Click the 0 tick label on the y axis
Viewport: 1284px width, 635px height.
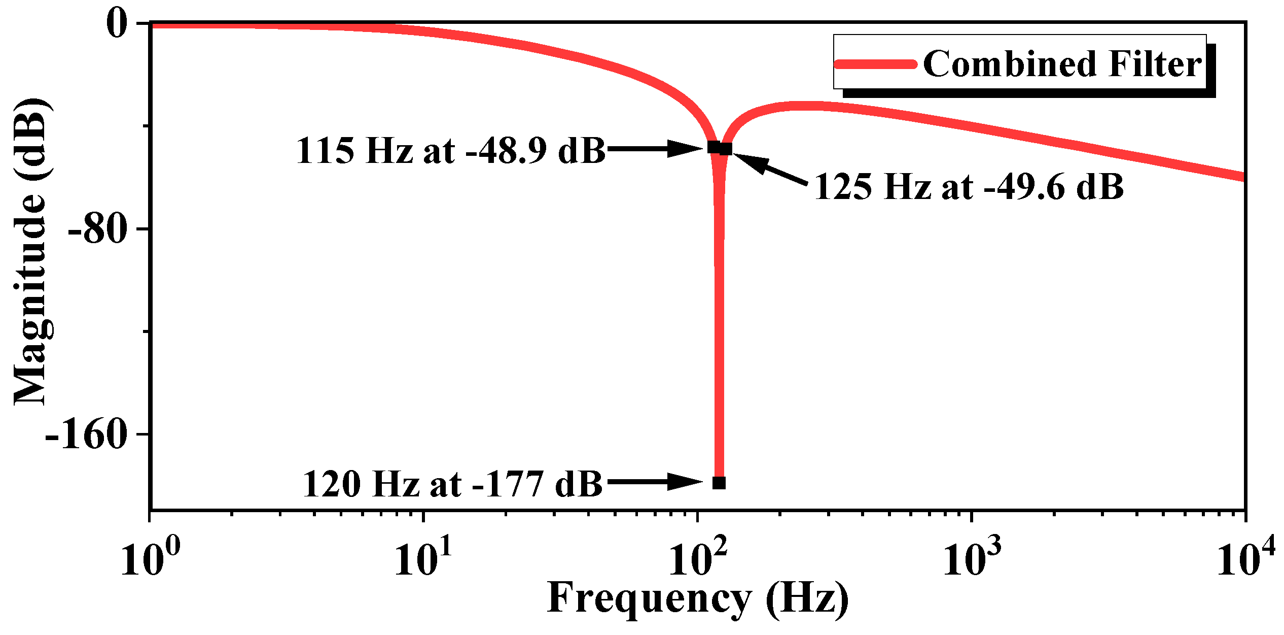(x=117, y=24)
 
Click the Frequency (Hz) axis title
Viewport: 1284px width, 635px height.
(x=698, y=599)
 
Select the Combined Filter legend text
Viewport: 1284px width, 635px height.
(x=1062, y=64)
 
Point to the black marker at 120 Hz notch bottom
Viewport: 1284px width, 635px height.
(x=719, y=483)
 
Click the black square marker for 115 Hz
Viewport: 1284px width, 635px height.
(x=714, y=147)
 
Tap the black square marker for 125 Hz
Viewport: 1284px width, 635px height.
(x=726, y=149)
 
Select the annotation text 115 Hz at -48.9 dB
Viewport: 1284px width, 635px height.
(x=451, y=151)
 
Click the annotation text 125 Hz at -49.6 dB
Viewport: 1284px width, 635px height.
(x=969, y=187)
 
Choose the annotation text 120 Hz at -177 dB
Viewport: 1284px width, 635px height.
(x=452, y=484)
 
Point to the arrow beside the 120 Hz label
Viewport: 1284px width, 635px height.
(x=654, y=482)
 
